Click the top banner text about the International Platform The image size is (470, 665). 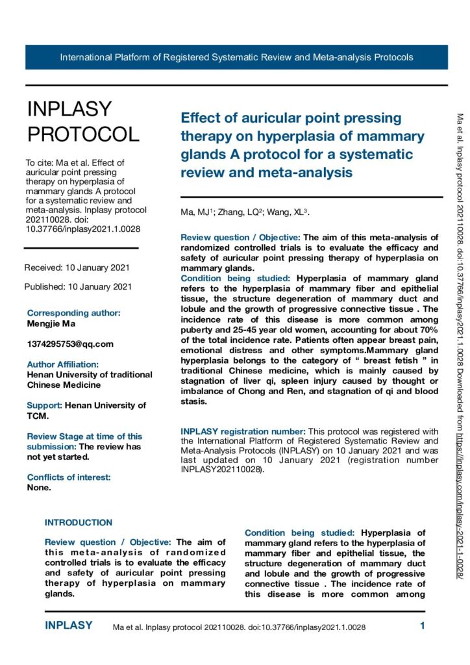(236, 57)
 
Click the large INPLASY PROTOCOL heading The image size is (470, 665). (82, 121)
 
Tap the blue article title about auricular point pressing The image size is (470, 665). (302, 145)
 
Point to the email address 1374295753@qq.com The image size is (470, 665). (70, 344)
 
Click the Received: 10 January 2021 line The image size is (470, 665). (77, 268)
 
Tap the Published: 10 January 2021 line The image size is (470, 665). (78, 286)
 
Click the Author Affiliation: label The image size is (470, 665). (62, 364)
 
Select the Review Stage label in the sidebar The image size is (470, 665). (84, 436)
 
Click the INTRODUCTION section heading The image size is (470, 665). (78, 522)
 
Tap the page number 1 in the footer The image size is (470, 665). (423, 627)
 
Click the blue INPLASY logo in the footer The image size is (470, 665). (68, 626)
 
